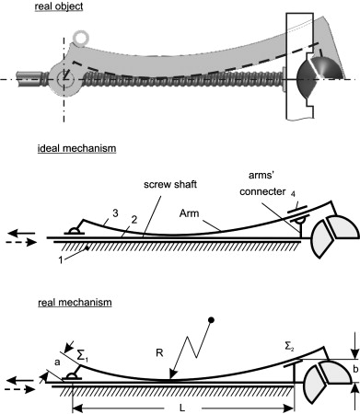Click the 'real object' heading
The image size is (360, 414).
[59, 6]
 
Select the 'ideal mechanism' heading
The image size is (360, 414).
[76, 148]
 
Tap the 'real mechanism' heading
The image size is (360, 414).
[75, 303]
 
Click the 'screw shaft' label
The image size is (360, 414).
[170, 185]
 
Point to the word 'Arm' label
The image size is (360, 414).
[189, 213]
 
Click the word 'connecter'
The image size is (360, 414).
[262, 191]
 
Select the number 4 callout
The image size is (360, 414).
[293, 194]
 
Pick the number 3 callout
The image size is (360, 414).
[115, 213]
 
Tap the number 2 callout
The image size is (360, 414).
[134, 220]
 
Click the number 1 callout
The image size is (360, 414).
[61, 260]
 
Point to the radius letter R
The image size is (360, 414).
[159, 353]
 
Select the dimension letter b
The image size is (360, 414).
[355, 369]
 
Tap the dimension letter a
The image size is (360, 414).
[57, 362]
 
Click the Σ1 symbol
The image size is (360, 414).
[82, 356]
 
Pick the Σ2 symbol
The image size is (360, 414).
[288, 347]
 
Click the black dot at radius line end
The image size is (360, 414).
[211, 320]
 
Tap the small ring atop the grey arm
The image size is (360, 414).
[81, 38]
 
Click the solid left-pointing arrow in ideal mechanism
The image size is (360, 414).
[21, 234]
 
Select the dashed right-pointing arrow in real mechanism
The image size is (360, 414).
[21, 389]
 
